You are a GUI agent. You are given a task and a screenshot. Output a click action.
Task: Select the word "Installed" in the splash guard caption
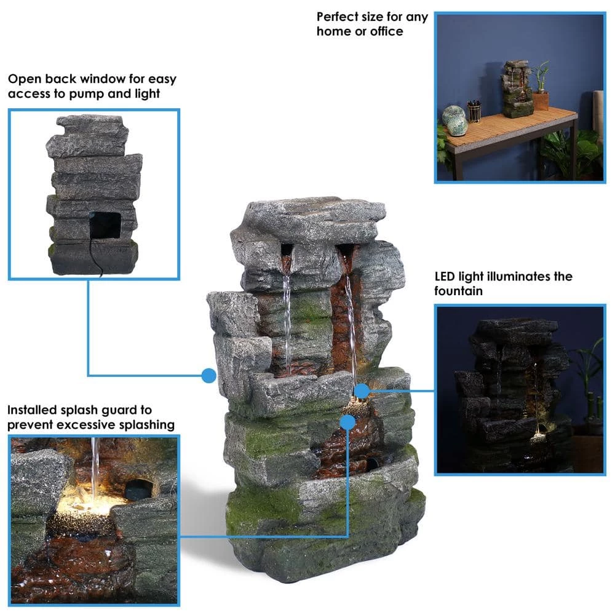click(x=34, y=410)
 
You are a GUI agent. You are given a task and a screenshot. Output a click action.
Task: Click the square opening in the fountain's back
click(x=105, y=224)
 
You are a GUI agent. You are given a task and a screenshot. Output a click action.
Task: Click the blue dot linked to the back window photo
click(x=209, y=375)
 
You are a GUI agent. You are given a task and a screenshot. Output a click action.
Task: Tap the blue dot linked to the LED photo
click(x=362, y=390)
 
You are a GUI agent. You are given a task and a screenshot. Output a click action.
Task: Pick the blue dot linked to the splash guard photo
click(x=347, y=422)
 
